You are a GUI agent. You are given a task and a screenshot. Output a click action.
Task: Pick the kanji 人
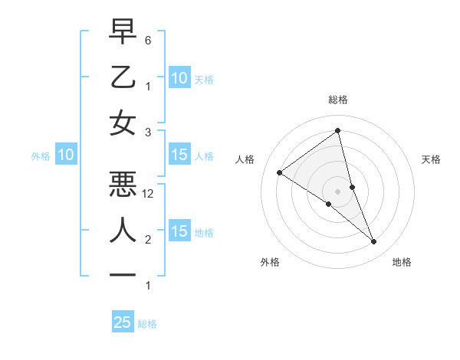click(x=123, y=229)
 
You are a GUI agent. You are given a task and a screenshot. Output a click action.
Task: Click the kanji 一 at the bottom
click(x=123, y=274)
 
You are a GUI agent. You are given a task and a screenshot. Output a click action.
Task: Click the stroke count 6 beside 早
click(x=148, y=40)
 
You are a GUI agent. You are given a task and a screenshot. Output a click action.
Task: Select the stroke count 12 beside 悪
click(x=148, y=194)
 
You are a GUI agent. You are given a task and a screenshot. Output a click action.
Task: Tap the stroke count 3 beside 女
click(x=148, y=133)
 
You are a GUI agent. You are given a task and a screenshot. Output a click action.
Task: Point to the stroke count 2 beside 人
click(x=148, y=240)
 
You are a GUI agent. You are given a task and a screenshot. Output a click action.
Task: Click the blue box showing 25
click(x=123, y=322)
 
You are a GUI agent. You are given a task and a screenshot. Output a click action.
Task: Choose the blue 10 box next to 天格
click(x=179, y=77)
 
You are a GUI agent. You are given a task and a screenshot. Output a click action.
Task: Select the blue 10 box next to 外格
click(x=66, y=155)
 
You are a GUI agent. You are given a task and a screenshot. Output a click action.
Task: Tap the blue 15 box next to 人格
click(x=179, y=155)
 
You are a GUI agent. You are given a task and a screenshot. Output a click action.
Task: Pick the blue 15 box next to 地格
click(x=179, y=231)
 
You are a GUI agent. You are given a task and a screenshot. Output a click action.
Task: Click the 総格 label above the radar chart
click(x=338, y=100)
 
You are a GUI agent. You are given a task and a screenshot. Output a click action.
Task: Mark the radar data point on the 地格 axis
click(x=374, y=242)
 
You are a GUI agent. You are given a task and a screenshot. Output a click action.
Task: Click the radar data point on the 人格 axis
click(x=280, y=172)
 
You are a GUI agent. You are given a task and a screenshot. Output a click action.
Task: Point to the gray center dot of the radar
click(x=338, y=191)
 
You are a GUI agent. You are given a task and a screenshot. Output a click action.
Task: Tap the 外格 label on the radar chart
click(x=270, y=262)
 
